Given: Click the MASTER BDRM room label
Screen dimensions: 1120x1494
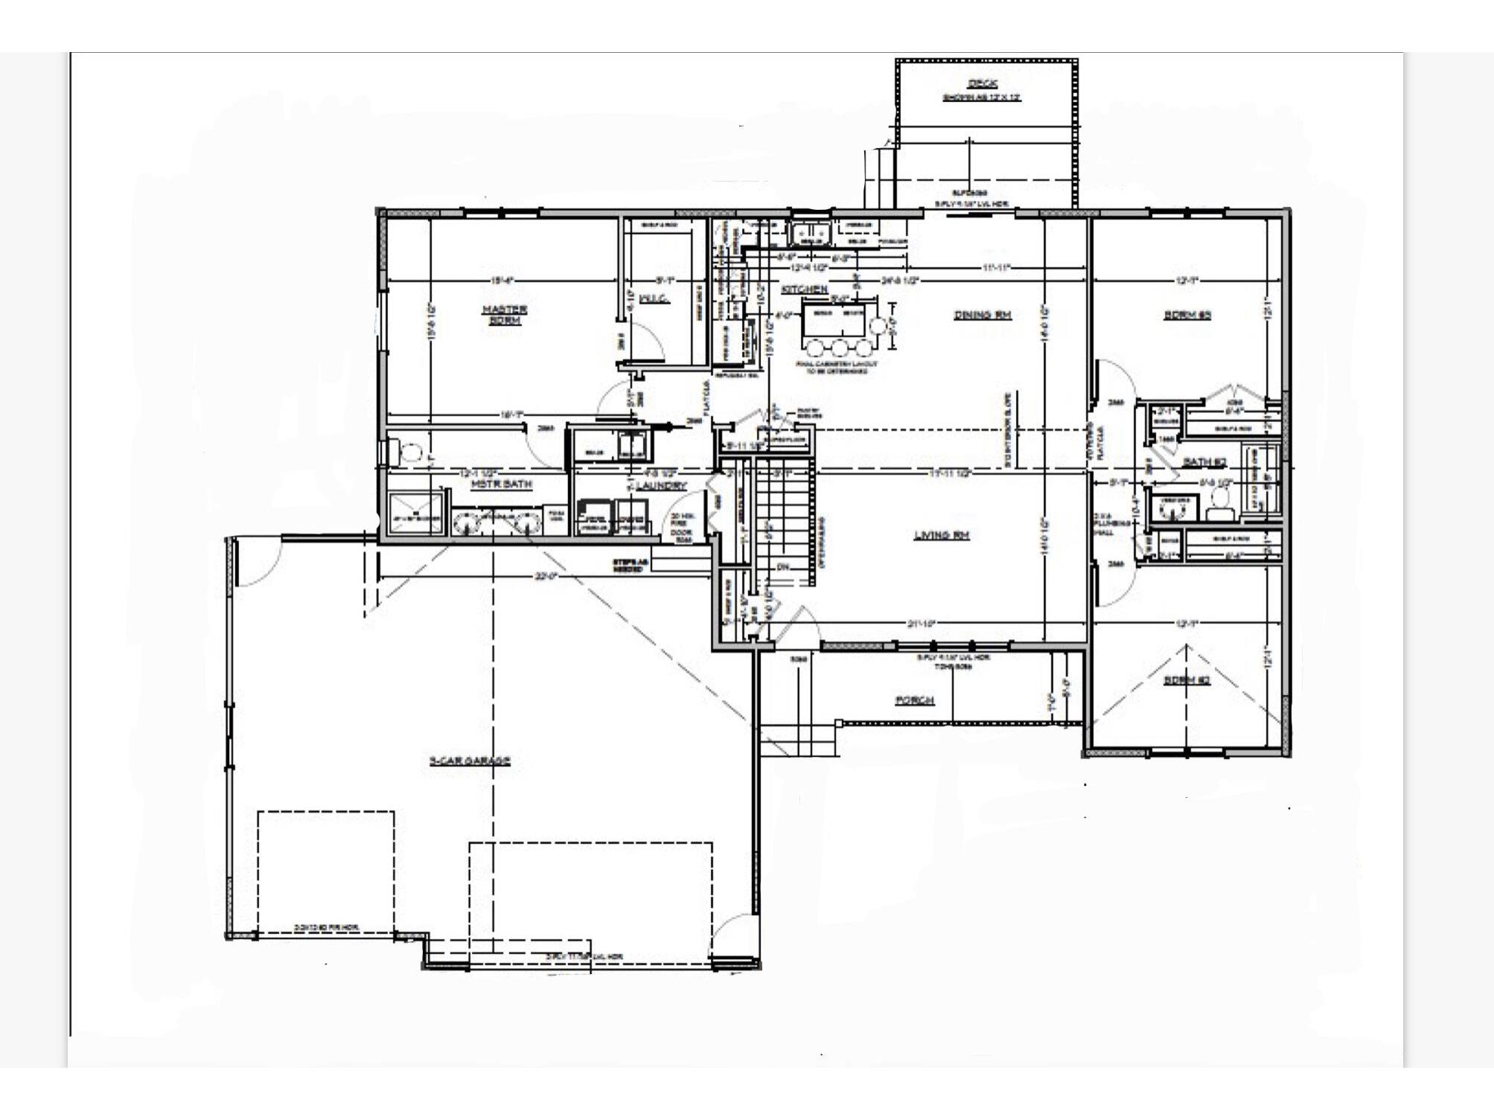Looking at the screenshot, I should (504, 315).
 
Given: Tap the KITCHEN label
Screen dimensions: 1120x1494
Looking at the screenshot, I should (804, 289).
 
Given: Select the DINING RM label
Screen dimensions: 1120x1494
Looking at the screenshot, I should (983, 315).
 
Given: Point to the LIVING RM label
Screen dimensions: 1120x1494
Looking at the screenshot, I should (942, 534).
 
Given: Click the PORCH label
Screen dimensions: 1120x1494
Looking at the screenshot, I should (914, 700).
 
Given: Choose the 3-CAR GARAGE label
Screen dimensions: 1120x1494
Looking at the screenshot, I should (470, 761).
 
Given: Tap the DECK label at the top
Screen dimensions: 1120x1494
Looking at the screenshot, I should (982, 83).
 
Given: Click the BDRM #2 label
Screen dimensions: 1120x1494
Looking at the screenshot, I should (1187, 680).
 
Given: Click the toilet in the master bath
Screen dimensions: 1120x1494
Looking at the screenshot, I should (408, 451).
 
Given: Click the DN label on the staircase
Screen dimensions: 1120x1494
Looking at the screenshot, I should (782, 567).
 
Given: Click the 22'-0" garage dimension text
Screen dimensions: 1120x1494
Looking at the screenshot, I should (546, 575).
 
